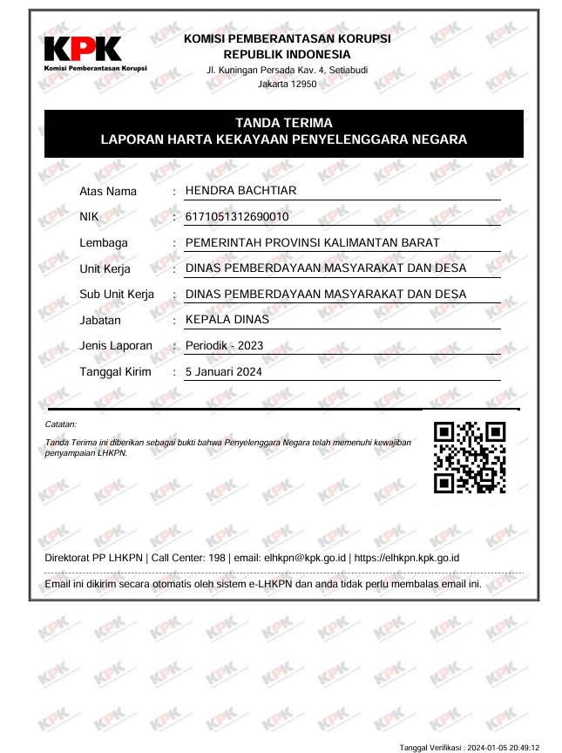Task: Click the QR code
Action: point(470,457)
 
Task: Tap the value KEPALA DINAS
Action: point(227,319)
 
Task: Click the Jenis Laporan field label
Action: point(116,346)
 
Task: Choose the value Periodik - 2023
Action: point(225,346)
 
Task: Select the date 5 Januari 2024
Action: point(224,371)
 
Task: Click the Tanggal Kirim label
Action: point(115,372)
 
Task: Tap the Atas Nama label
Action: point(108,192)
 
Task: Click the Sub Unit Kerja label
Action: point(117,295)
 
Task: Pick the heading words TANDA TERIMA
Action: point(283,123)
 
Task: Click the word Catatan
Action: point(60,424)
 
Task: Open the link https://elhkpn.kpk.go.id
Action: point(407,558)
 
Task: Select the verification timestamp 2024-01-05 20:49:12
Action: point(504,747)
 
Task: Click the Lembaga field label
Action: point(104,243)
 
